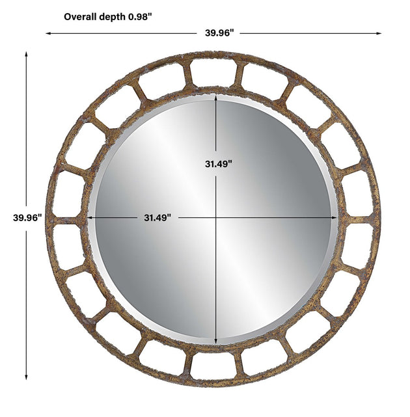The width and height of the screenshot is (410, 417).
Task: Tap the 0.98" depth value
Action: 140,17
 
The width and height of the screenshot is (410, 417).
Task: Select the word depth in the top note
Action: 113,18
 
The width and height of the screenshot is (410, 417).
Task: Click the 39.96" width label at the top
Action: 219,33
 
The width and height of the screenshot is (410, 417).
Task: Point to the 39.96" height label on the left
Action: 27,217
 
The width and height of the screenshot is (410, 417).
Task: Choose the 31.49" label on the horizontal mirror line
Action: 157,218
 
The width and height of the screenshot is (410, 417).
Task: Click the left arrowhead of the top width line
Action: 48,33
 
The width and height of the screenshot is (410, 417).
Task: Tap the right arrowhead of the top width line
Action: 379,33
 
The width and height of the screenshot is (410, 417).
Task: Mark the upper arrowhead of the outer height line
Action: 26,54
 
